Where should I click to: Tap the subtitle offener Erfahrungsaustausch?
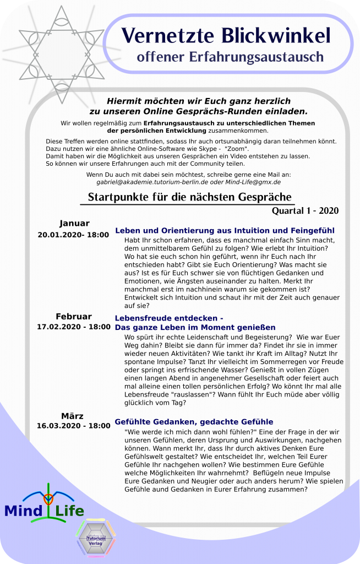coord(230,56)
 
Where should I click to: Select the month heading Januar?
coord(74,223)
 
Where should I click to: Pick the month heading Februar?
coord(74,316)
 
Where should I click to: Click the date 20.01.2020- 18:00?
coord(73,235)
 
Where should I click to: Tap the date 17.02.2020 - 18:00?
coord(74,327)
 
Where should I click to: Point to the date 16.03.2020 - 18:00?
coord(74,426)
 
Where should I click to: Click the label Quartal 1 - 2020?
coord(305,210)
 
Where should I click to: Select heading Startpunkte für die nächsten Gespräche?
coord(189,197)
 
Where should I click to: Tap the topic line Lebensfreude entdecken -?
coord(169,318)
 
